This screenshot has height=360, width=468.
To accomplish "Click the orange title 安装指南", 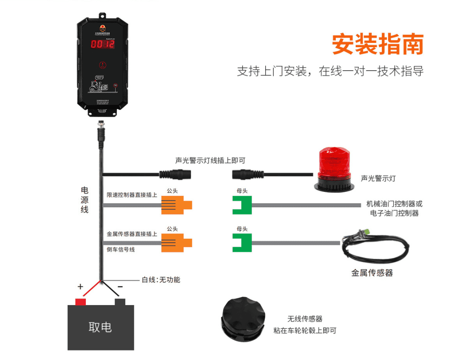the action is tap(377, 44).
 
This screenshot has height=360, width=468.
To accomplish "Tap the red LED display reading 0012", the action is tap(102, 44).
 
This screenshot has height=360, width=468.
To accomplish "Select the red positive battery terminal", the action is tap(81, 302).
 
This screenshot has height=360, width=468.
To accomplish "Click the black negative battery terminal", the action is tap(120, 302).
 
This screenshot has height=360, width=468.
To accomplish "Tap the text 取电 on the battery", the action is tap(100, 327).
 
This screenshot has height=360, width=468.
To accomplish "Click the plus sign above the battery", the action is tap(80, 287).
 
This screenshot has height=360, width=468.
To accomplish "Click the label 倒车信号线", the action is tap(120, 250).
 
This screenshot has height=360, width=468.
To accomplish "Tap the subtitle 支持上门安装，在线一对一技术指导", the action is tap(330, 71).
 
